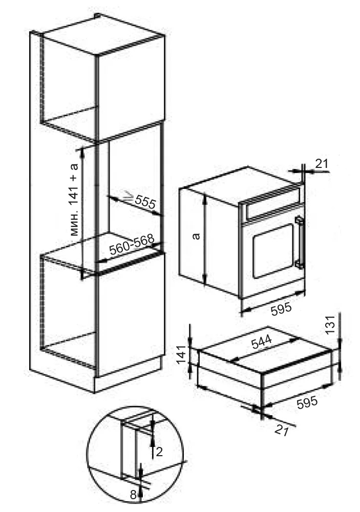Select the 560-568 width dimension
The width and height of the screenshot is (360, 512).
[131, 244]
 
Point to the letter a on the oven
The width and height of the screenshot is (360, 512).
[196, 236]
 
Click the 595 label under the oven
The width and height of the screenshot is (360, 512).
[282, 308]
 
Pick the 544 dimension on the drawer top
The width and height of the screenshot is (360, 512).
[262, 342]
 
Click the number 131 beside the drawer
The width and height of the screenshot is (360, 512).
[331, 325]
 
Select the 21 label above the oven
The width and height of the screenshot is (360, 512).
[322, 163]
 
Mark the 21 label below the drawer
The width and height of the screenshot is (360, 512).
[282, 431]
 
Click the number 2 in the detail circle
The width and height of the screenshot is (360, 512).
[159, 452]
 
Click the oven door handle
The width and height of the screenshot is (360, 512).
[299, 242]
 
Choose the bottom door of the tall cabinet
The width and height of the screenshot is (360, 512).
[131, 313]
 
